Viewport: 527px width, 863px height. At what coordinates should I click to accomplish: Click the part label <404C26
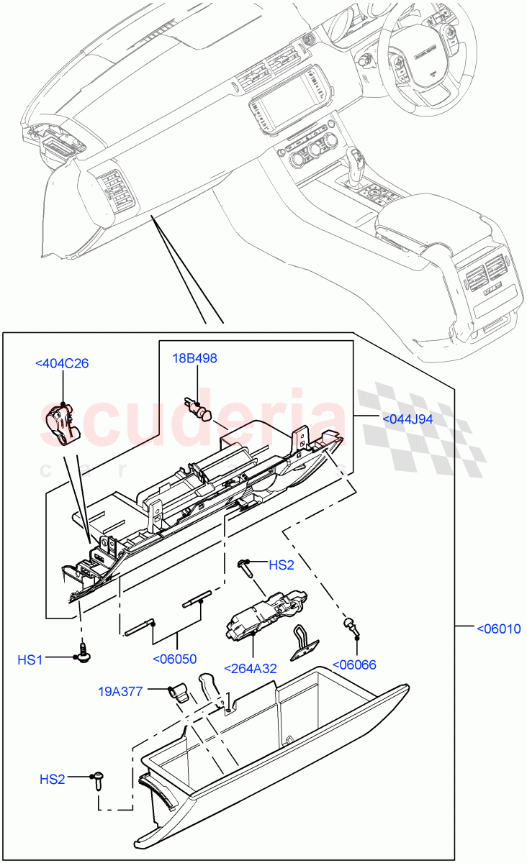[x=62, y=363]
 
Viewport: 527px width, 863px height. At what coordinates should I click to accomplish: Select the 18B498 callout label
[x=194, y=358]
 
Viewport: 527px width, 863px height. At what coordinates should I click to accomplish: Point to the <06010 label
[x=498, y=628]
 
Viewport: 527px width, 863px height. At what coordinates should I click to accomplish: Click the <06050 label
[x=174, y=658]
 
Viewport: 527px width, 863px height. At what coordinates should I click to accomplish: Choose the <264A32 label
[x=250, y=668]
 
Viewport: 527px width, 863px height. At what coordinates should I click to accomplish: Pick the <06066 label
[x=353, y=665]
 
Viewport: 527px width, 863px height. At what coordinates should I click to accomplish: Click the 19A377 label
[x=122, y=691]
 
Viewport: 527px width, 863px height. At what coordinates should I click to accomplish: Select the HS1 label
[x=30, y=659]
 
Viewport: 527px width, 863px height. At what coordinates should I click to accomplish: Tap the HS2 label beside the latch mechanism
[x=281, y=565]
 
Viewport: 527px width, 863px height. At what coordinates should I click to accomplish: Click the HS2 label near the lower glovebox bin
[x=52, y=778]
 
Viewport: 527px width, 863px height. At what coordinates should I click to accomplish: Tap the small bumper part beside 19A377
[x=178, y=693]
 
